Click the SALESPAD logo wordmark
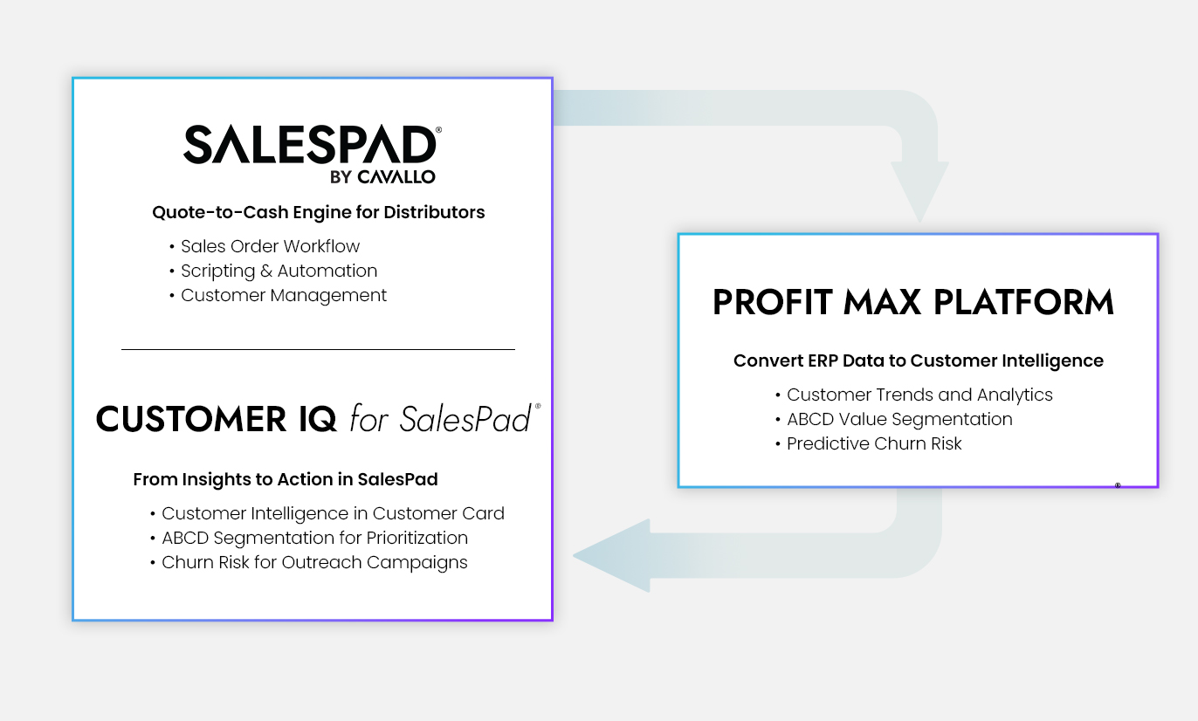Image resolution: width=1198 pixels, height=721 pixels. pos(310,144)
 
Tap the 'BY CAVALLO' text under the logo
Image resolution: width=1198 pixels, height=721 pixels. pos(382,177)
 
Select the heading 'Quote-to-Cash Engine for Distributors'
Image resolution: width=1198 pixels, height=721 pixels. pos(318,212)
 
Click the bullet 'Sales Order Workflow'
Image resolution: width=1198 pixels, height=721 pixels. pos(270,246)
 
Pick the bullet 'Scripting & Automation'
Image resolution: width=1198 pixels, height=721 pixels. pos(279,271)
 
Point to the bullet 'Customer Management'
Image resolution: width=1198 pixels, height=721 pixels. pos(284,296)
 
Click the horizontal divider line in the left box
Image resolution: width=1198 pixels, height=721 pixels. pos(318,349)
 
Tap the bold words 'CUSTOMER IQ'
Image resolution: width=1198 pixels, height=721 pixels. pos(216,418)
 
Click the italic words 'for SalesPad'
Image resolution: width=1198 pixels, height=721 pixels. pos(440,418)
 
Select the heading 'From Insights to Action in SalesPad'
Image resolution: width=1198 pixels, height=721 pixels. pos(285,479)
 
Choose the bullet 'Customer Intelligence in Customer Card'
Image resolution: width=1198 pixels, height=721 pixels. pos(333,513)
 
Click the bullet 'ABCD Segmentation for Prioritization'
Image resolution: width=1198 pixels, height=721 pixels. pos(314,539)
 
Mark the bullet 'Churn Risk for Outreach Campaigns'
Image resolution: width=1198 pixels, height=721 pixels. pos(314,563)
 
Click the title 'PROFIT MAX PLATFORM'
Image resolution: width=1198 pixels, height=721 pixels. pos(913,302)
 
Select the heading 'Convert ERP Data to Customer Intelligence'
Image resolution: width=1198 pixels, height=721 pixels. pos(919,360)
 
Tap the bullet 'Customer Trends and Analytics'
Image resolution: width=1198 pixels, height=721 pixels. pos(919,395)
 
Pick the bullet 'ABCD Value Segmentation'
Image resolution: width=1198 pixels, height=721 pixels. pos(899,420)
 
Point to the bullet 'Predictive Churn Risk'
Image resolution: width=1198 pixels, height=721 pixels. pos(874,443)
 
